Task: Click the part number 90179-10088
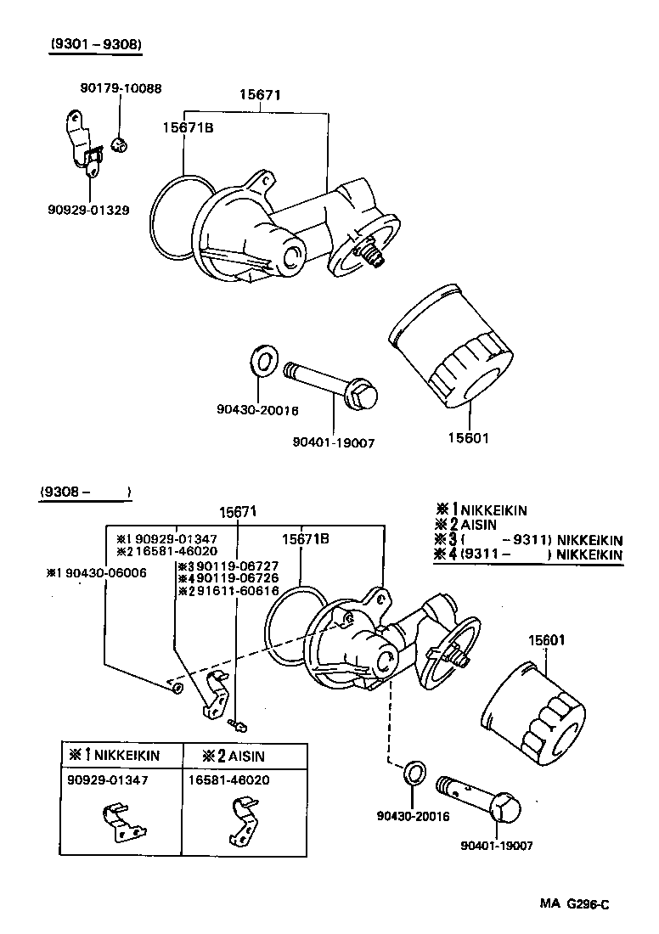tap(121, 87)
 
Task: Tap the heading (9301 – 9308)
tap(94, 45)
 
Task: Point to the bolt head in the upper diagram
tap(363, 396)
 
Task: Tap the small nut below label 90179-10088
tap(120, 146)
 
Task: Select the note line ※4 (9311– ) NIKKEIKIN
tap(528, 554)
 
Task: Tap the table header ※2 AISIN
tap(234, 755)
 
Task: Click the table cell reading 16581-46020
tap(229, 779)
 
